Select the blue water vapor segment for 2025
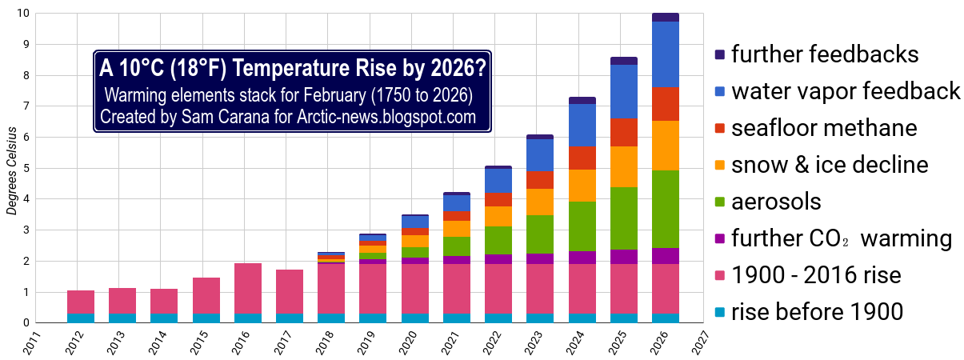tap(624, 91)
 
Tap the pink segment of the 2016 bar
tap(248, 288)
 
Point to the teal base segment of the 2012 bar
tap(81, 318)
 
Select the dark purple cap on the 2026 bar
tap(666, 17)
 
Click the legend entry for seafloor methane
tap(824, 128)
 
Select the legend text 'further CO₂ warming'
tap(840, 238)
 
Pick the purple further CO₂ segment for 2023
tap(540, 258)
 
